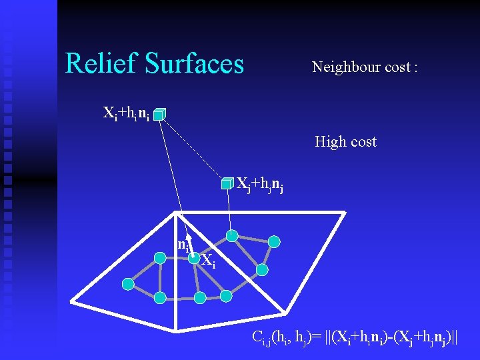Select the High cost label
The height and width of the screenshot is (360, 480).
tap(345, 142)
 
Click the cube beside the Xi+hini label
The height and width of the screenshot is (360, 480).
tap(159, 115)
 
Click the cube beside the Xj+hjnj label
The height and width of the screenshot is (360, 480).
tap(228, 183)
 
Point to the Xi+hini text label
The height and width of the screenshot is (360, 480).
tap(126, 113)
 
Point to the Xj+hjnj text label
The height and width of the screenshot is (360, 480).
tap(260, 185)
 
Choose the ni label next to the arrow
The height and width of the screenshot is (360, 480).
tap(181, 245)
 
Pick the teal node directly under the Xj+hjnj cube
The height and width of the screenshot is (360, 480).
tap(231, 235)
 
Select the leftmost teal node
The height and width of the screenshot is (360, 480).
tap(127, 284)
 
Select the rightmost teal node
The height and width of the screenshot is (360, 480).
tap(273, 242)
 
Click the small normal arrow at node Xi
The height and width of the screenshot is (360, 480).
tap(189, 243)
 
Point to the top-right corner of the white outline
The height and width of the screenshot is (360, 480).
tap(344, 213)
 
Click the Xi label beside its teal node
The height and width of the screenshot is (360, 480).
tap(209, 260)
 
